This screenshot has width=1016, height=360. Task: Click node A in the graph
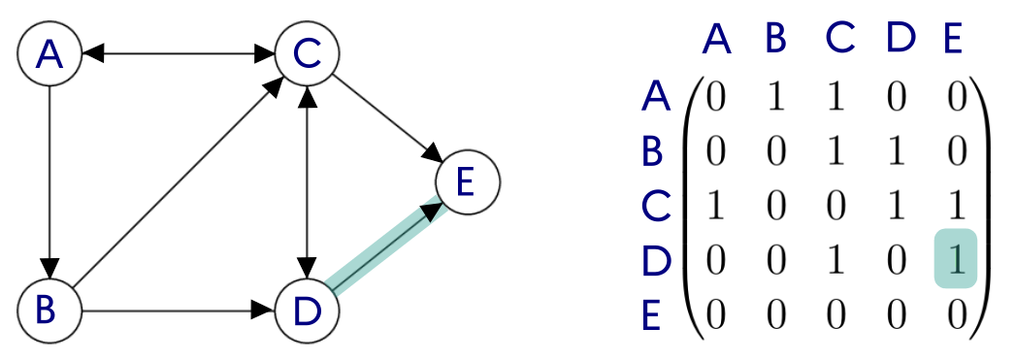[49, 54]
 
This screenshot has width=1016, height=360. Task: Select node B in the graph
[49, 311]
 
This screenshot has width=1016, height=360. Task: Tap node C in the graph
[307, 54]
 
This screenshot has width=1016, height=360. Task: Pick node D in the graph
[307, 311]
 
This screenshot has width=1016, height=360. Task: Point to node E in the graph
[467, 182]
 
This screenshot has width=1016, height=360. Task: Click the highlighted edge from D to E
[387, 246]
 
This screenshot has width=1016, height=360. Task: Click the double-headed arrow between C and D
[307, 182]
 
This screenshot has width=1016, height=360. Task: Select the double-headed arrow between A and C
[178, 54]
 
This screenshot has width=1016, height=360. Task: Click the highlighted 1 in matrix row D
[956, 259]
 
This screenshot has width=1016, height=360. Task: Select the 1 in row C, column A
[715, 207]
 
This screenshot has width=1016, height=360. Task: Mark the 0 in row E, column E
[956, 317]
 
